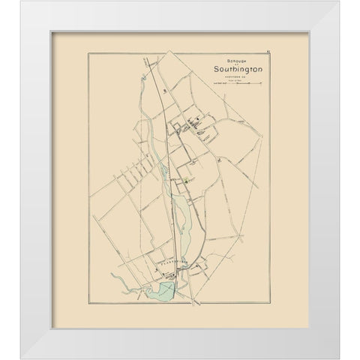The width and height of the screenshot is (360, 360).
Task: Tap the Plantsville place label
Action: click(x=171, y=264)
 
